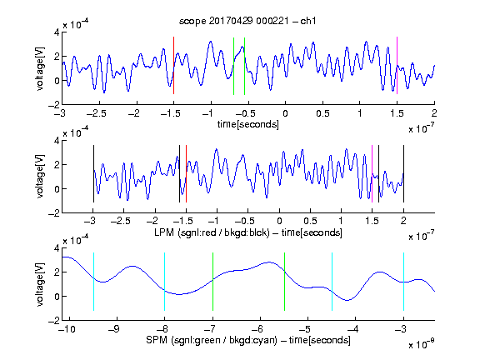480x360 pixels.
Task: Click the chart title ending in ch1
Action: click(x=247, y=21)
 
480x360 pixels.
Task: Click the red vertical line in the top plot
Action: click(x=174, y=66)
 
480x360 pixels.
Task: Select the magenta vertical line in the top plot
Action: click(x=397, y=66)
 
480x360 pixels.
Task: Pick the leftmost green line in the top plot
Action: click(x=233, y=66)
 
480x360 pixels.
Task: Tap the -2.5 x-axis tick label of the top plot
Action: click(x=96, y=113)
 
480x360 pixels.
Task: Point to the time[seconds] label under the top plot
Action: click(x=248, y=124)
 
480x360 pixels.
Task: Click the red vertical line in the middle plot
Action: click(x=186, y=174)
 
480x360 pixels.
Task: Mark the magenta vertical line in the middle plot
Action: click(x=372, y=174)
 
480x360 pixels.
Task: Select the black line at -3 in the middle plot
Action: click(x=93, y=174)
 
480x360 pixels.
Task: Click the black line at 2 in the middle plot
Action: click(x=403, y=174)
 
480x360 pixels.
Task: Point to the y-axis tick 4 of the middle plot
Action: click(x=57, y=141)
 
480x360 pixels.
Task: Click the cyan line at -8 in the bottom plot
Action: click(x=164, y=282)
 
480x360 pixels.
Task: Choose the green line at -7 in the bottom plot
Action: click(x=212, y=282)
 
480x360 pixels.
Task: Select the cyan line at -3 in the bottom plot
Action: click(x=403, y=282)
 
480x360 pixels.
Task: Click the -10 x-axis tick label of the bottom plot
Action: click(x=69, y=329)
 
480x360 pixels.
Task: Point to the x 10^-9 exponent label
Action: click(x=421, y=344)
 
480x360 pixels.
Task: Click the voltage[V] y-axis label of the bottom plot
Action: click(x=40, y=284)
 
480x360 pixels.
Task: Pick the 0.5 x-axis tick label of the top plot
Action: click(x=322, y=113)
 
